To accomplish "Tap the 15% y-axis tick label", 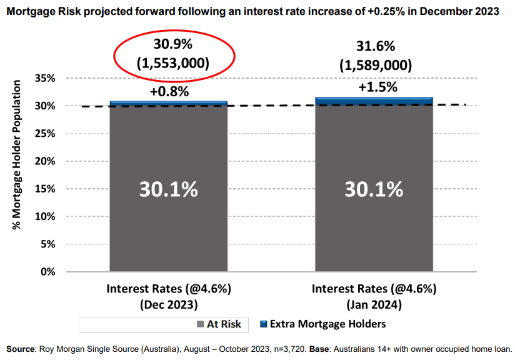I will (x=47, y=189).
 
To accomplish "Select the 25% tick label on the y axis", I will (x=47, y=134).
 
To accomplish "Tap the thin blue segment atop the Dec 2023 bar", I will (x=169, y=102).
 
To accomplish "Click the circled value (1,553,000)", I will (x=173, y=64).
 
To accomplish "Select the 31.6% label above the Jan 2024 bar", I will (x=376, y=47).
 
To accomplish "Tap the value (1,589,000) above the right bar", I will (x=376, y=66).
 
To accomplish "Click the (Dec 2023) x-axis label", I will (x=169, y=305).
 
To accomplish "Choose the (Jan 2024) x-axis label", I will (x=374, y=305).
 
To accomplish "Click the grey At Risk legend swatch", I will (x=200, y=324).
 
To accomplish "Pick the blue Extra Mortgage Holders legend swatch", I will (x=263, y=324).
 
